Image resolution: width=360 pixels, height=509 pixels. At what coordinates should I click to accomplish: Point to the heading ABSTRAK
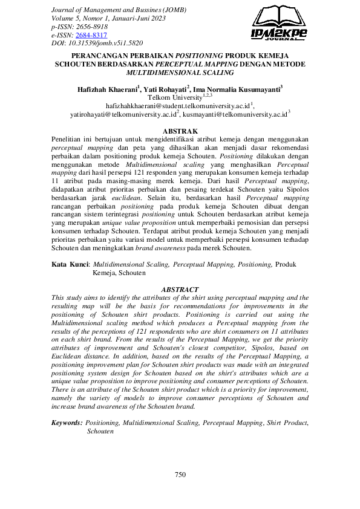180,131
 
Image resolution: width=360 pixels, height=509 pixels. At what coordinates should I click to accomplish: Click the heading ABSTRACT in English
180,290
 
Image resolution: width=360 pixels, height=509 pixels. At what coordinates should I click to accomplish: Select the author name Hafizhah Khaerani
107,89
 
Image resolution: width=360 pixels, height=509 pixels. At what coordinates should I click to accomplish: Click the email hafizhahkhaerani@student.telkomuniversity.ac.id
177,105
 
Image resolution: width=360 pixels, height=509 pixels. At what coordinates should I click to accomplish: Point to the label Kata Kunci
70,264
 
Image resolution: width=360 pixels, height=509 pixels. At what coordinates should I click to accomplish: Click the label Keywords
67,424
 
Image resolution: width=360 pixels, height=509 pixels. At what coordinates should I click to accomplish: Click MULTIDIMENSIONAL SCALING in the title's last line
180,72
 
